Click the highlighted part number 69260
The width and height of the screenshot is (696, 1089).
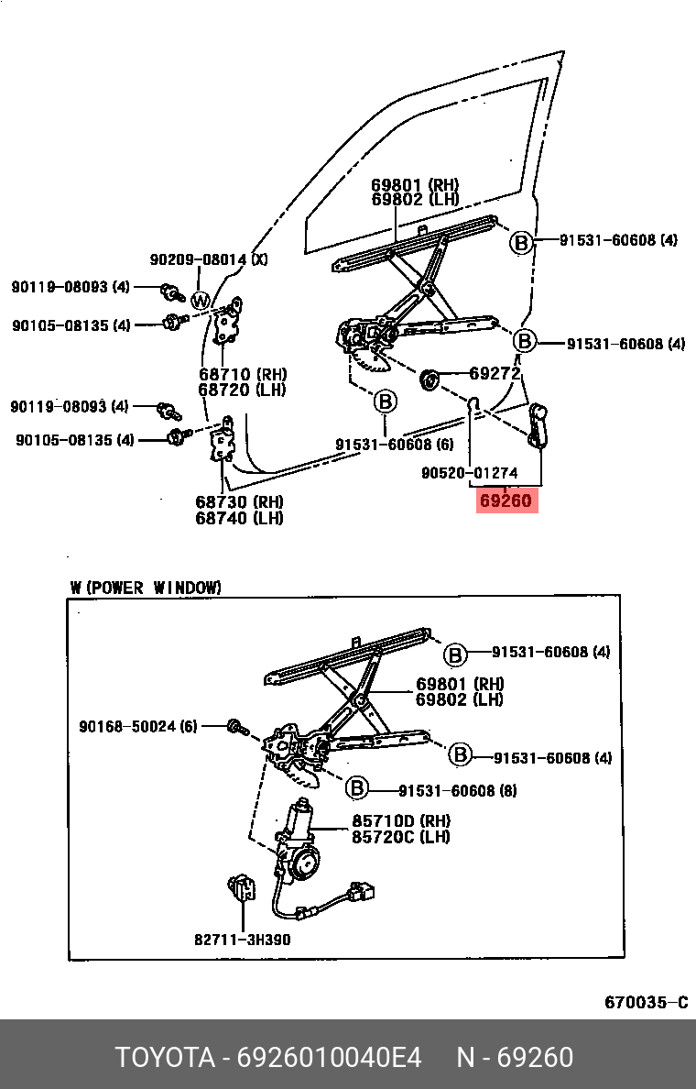point(505,501)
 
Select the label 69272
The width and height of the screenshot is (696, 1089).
point(495,374)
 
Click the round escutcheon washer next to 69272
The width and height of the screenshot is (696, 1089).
point(428,378)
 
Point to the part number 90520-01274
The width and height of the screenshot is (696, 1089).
point(470,473)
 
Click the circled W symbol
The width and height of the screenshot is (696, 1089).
point(201,300)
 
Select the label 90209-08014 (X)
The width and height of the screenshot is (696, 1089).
point(209,259)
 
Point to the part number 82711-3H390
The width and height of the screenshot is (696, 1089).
point(242,939)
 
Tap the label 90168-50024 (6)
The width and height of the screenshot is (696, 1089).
point(137,726)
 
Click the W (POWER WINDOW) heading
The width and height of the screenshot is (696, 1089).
point(146,588)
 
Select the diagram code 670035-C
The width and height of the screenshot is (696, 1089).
point(646,1002)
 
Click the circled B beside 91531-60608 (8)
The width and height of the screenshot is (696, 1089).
point(357,787)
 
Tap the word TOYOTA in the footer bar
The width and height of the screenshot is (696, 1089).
point(164,1057)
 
